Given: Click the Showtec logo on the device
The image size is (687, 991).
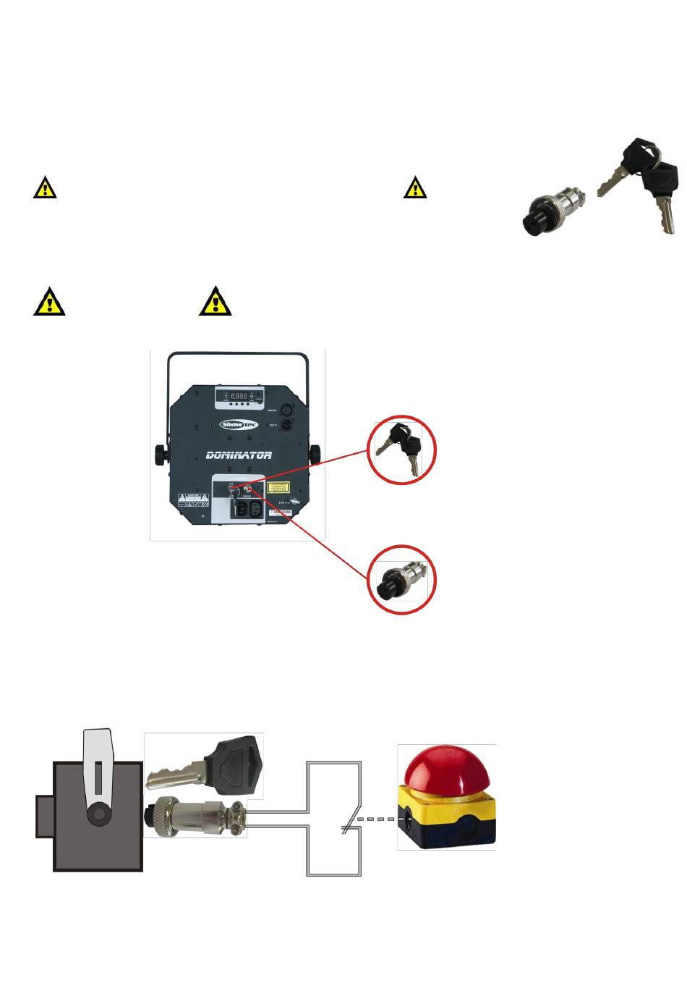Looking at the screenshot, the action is [239, 424].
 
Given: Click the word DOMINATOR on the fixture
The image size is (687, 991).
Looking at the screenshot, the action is [239, 455].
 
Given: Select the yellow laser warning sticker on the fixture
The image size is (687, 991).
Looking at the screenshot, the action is [280, 488].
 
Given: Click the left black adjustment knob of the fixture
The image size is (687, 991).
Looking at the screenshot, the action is [159, 455].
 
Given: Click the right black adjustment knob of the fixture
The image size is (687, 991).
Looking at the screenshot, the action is [315, 455].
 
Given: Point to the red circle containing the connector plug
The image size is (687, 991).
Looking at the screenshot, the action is [401, 579].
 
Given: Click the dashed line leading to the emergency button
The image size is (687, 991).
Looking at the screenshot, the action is [376, 819].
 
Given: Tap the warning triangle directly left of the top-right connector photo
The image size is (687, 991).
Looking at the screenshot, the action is [415, 187].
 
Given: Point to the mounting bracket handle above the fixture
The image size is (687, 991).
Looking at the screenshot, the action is [239, 358].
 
